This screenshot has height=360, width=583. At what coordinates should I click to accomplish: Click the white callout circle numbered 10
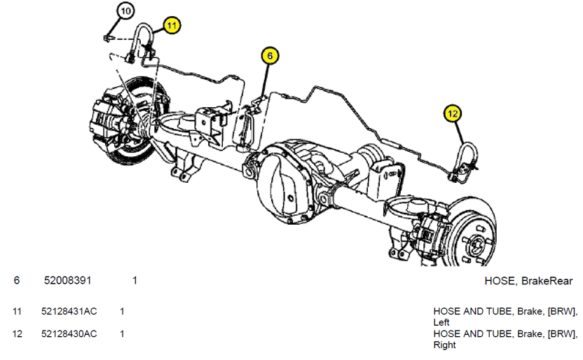[125, 11]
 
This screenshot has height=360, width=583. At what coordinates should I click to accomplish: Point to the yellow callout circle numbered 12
[453, 112]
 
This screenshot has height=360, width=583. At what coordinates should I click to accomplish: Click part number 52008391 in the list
[67, 281]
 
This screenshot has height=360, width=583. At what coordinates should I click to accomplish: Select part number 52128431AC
[69, 311]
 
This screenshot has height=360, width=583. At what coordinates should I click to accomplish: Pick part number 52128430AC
[69, 333]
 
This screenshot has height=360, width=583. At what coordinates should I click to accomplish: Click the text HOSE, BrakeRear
[528, 281]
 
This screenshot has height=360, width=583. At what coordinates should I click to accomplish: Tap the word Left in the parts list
[441, 322]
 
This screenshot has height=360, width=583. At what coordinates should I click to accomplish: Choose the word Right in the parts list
[444, 345]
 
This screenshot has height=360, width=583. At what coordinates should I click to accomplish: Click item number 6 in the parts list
[16, 281]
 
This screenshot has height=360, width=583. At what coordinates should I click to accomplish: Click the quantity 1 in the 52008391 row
[135, 281]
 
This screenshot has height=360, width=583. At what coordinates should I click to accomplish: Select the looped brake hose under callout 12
[467, 155]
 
